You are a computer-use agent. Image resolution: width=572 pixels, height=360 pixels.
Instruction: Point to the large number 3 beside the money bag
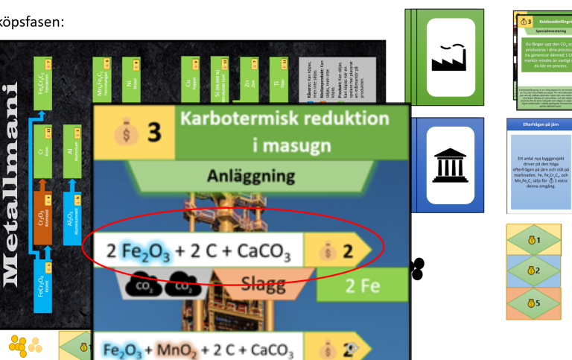[x=153, y=133]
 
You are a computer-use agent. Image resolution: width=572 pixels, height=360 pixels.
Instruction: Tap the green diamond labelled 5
[x=531, y=303]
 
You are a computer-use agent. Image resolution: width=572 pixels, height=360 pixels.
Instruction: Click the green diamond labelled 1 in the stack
[x=531, y=240]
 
